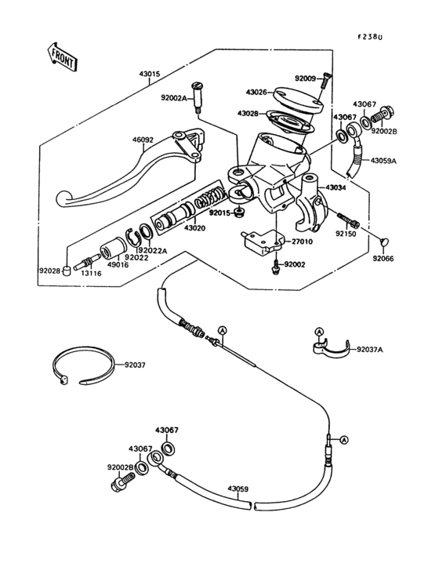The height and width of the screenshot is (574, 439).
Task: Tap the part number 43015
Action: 150,75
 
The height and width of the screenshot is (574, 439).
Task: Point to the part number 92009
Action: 306,78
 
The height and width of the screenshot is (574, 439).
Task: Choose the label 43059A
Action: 384,161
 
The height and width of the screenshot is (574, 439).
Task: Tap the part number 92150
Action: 346,234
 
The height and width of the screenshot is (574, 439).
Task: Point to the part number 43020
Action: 196,228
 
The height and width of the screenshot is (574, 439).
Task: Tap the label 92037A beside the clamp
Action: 370,349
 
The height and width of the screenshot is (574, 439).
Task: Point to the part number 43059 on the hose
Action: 238,489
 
